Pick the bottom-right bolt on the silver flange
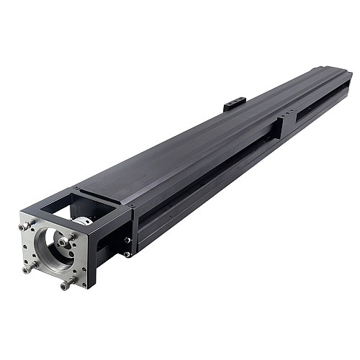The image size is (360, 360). coord(66,284)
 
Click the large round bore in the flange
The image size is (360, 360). coord(51,250)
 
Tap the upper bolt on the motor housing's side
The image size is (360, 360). coord(127,240)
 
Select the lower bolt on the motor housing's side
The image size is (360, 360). coord(127,253)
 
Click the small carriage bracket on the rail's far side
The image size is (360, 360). coord(235,105)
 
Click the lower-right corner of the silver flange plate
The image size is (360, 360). coord(85,287)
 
